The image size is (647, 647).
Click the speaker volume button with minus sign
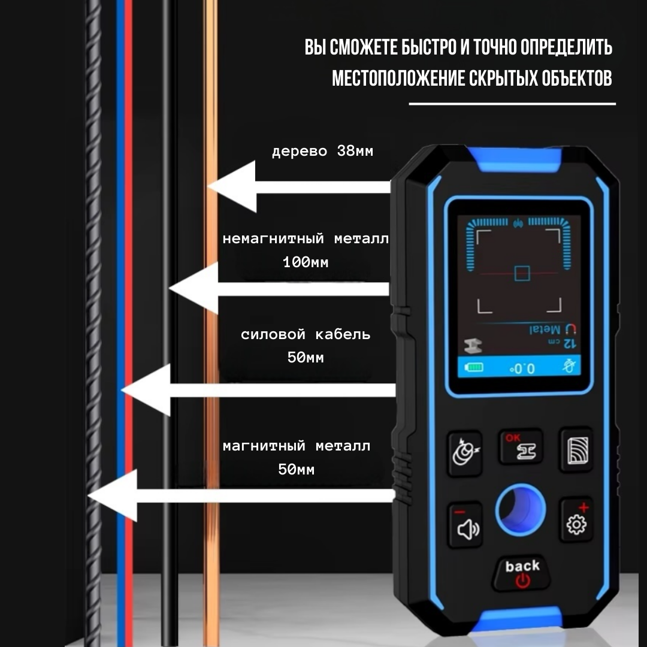(x=465, y=525)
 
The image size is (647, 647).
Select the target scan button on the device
(x=464, y=452)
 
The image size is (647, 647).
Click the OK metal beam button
(x=521, y=448)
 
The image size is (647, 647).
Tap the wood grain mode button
(x=576, y=449)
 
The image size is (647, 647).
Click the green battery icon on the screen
(x=474, y=368)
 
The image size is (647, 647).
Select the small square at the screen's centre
(x=522, y=273)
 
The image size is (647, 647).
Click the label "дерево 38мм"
(x=322, y=151)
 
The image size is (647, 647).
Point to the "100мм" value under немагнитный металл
(x=306, y=262)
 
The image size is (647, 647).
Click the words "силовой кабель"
(x=306, y=334)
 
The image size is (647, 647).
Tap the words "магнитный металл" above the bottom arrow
(x=297, y=446)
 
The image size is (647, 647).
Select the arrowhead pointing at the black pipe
(x=193, y=289)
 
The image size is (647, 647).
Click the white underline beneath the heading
(x=512, y=104)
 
